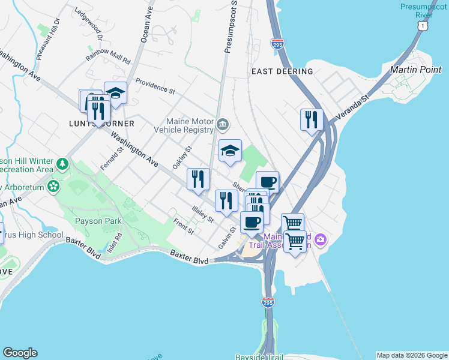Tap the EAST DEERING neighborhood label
click(282, 71)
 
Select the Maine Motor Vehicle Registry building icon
click(223, 125)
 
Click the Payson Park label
click(98, 221)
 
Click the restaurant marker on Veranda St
click(312, 119)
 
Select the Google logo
click(20, 353)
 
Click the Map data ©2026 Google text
click(412, 355)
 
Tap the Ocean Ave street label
click(146, 25)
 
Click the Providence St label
click(155, 87)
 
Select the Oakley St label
click(182, 158)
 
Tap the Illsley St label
click(202, 214)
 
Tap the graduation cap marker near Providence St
click(115, 92)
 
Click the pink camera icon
click(321, 240)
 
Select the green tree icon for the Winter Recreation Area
click(62, 163)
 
